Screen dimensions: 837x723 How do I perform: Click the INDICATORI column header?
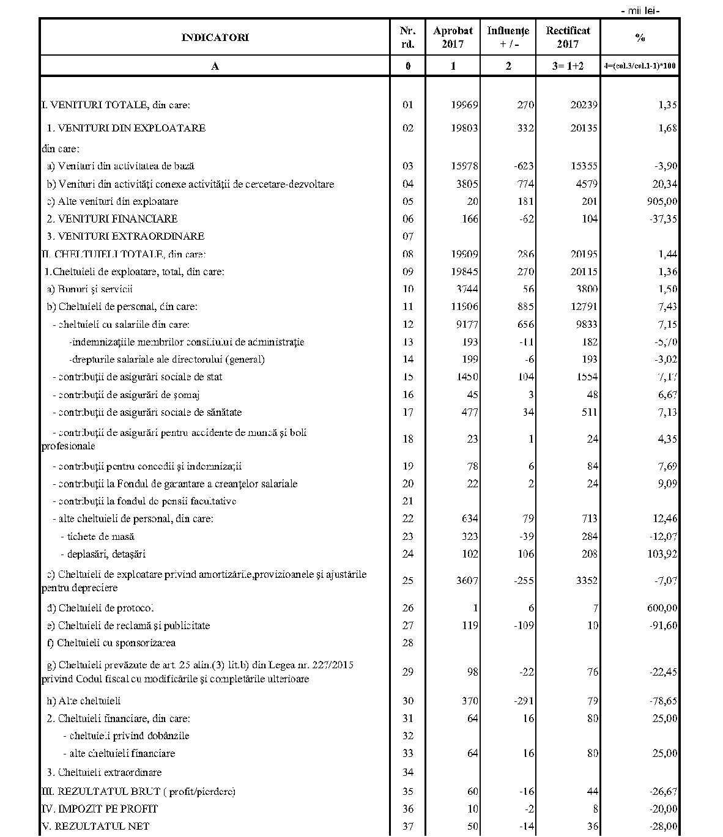(215, 37)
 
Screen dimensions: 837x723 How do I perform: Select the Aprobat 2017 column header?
(453, 37)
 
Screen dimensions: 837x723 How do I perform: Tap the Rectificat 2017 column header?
(568, 37)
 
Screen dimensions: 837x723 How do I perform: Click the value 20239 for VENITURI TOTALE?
(583, 105)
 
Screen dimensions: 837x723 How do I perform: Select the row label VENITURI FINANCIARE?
(112, 219)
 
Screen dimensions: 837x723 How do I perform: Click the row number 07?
(408, 237)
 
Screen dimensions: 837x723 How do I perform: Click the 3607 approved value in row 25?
(466, 581)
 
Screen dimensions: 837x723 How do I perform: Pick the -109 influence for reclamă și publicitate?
(524, 626)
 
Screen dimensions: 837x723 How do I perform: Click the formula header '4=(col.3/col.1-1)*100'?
(640, 66)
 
